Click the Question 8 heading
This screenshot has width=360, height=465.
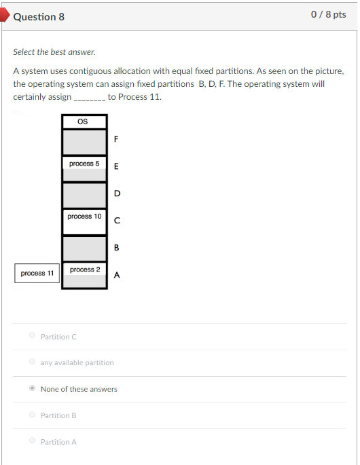pyautogui.click(x=39, y=16)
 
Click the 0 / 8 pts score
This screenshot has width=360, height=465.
pyautogui.click(x=328, y=15)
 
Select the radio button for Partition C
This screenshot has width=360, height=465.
pyautogui.click(x=32, y=336)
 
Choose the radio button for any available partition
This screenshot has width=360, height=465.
pyautogui.click(x=32, y=362)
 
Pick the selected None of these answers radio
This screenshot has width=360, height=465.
pyautogui.click(x=32, y=389)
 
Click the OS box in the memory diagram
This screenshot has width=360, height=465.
pyautogui.click(x=84, y=122)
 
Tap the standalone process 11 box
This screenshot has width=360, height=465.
pyautogui.click(x=37, y=273)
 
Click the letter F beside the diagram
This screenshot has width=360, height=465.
pyautogui.click(x=116, y=141)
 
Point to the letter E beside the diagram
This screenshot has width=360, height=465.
pyautogui.click(x=116, y=167)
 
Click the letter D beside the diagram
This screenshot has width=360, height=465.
pyautogui.click(x=117, y=193)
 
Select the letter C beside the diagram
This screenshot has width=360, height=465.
pyautogui.click(x=117, y=221)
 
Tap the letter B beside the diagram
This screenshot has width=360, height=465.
pyautogui.click(x=117, y=248)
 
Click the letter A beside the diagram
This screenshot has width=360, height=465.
pyautogui.click(x=117, y=275)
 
